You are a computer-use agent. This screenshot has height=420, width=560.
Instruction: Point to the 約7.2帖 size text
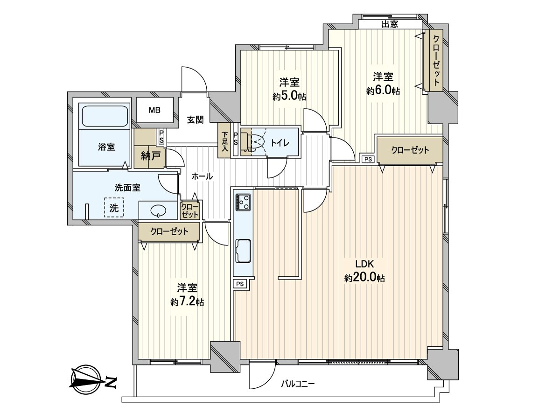187,302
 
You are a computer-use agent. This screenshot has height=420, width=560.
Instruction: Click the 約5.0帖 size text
289,97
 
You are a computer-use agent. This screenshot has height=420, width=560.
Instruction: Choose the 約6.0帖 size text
383,91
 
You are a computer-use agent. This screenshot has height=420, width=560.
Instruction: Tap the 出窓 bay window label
390,25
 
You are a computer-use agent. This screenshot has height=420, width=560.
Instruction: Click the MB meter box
154,111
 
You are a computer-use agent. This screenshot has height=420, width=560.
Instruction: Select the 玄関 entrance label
196,120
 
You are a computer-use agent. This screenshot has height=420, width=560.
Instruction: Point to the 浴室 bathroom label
106,147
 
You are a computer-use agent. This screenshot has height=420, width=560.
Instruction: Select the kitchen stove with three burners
243,202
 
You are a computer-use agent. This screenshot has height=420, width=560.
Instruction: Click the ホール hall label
202,176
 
